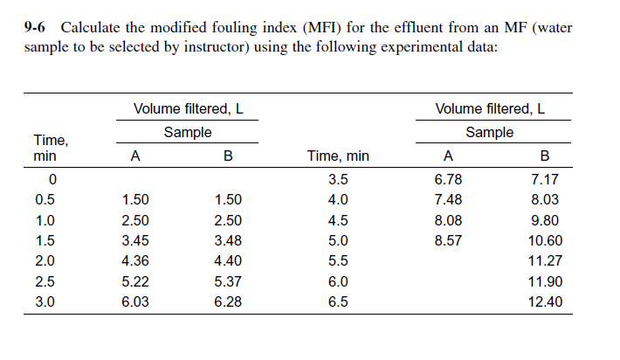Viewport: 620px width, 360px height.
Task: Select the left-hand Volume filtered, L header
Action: click(x=188, y=109)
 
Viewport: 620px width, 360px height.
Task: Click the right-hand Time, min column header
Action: click(x=338, y=157)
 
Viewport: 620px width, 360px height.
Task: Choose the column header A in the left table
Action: click(x=134, y=157)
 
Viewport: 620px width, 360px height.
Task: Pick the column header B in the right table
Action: click(x=546, y=157)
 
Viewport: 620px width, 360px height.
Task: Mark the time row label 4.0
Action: click(x=338, y=200)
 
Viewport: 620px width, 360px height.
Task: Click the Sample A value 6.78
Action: click(x=448, y=180)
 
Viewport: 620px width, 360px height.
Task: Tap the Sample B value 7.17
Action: click(x=545, y=180)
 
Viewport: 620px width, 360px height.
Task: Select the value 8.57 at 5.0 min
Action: click(x=448, y=241)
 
